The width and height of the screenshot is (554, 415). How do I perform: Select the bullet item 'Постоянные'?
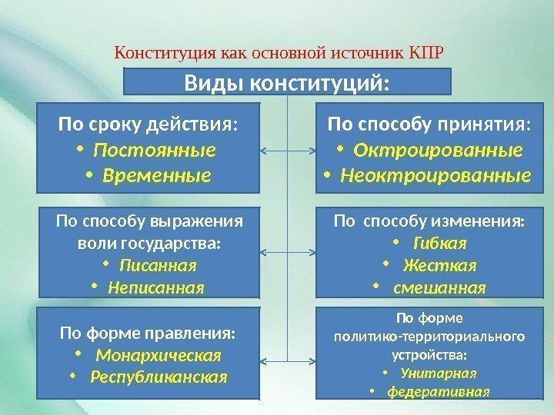159,149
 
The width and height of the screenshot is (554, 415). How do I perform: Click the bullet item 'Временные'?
159,176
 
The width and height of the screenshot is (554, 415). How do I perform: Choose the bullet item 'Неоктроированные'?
436,176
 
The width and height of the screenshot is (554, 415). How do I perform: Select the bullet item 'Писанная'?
159,266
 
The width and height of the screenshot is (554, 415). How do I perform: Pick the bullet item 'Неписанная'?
156,288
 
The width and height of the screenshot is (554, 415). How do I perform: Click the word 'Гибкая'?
440,244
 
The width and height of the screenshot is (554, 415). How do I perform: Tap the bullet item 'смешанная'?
439,288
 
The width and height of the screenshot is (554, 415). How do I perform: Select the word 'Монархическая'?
159,356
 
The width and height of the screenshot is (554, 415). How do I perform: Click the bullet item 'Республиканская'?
159,377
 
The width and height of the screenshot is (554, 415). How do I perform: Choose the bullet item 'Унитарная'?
439,373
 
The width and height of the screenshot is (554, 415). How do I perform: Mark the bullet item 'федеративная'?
439,391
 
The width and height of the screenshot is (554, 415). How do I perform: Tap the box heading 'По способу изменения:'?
429,222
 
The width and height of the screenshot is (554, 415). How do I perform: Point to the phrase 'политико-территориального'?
429,337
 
